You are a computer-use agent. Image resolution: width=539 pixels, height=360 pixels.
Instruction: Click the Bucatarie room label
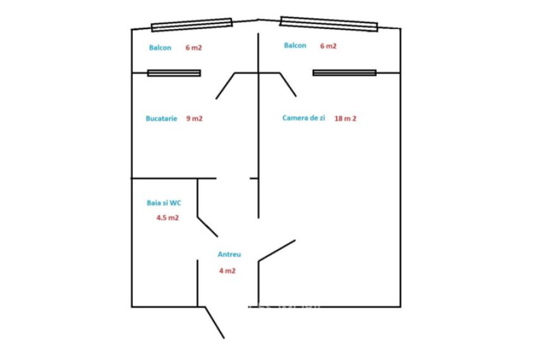161,119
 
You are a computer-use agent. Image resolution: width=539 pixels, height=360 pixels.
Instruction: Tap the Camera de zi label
303,118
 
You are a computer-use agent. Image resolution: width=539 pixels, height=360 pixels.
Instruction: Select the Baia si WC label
164,203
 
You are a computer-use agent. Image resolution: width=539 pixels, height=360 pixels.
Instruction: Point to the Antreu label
229,254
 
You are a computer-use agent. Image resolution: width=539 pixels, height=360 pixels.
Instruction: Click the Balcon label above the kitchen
160,48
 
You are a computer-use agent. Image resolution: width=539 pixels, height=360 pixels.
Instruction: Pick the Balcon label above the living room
295,45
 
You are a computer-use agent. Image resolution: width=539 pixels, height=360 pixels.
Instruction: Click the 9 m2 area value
194,119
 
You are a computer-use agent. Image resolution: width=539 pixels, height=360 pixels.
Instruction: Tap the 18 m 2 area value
345,119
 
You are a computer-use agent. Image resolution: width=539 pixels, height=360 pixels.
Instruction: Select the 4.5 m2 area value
167,217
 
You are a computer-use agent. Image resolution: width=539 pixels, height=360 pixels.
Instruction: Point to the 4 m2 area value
227,271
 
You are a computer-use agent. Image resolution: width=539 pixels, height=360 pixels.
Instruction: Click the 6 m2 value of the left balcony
193,48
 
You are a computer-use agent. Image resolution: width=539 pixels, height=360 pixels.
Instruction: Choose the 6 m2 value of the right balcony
329,45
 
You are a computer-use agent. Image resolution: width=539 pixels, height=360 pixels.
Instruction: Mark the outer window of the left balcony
192,25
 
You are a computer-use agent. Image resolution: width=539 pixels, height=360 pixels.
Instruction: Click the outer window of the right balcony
329,24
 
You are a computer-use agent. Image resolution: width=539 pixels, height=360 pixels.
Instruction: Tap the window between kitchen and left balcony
174,73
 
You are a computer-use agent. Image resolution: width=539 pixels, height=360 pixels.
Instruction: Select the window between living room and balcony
344,73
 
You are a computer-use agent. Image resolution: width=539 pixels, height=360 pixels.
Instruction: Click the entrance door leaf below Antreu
214,323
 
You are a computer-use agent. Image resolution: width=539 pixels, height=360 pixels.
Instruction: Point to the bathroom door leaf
207,227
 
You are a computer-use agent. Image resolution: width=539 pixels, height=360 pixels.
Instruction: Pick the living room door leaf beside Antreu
277,251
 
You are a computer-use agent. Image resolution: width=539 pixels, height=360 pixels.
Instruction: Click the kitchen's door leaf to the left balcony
226,86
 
